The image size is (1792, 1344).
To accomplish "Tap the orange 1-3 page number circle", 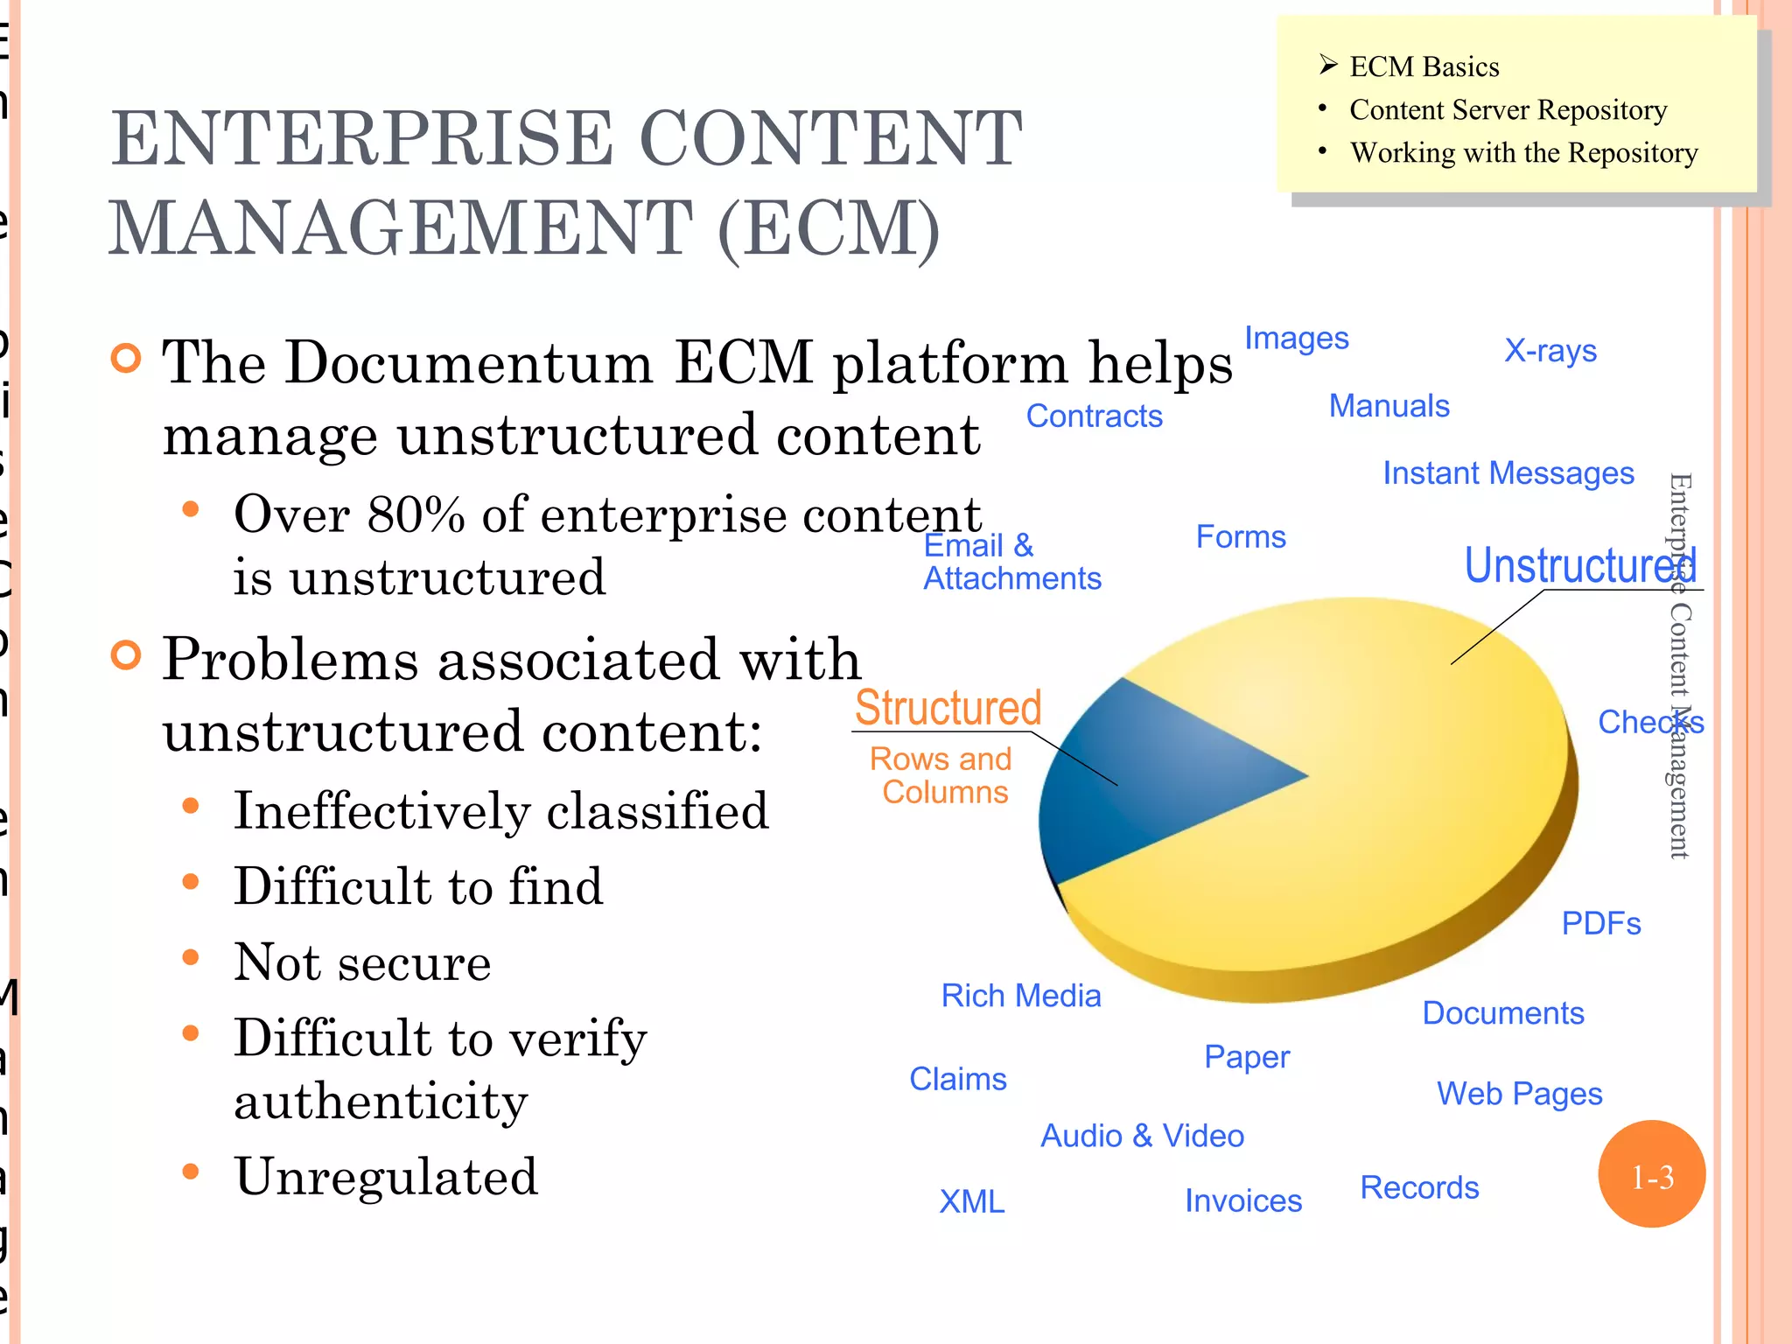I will pos(1651,1174).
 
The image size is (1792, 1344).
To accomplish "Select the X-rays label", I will pos(1550,351).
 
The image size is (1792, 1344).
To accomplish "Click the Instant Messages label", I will pos(1508,473).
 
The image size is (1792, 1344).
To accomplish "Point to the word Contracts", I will pos(1094,416).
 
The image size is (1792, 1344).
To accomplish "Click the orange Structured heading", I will pos(948,707).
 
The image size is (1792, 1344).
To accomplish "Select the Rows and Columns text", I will pos(942,775).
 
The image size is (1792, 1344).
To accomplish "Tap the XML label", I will pos(971,1201).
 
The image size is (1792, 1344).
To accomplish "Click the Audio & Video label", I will pos(1142,1136).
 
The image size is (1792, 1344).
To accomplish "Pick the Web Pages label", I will pos(1519,1094).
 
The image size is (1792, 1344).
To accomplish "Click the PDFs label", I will pos(1600,924).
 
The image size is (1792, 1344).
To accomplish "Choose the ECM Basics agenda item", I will pos(1424,67).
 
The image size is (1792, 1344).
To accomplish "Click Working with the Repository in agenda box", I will pos(1522,153).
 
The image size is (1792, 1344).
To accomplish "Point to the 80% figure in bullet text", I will pos(416,514).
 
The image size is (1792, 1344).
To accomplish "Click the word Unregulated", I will pos(386,1177).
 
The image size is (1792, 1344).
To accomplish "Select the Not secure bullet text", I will pos(362,962).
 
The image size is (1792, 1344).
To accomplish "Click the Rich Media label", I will pos(1020,996).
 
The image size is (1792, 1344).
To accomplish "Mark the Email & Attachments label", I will pos(1011,562).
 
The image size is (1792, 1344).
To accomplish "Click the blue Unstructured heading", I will pos(1579,565).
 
